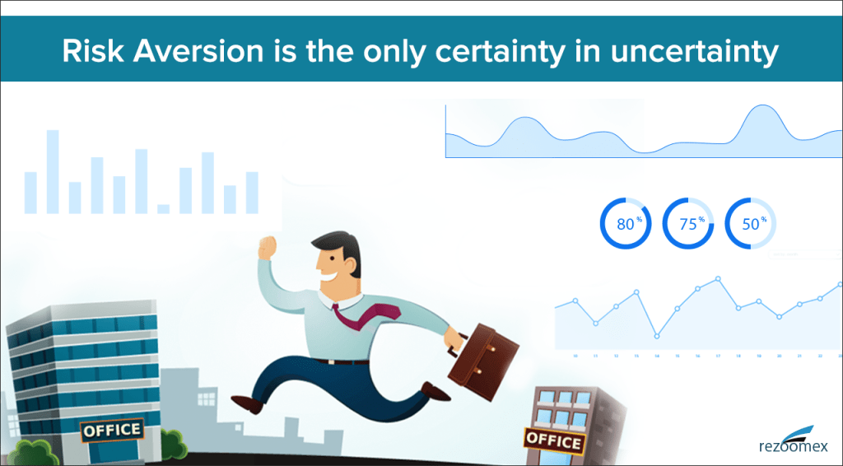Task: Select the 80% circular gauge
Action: click(626, 223)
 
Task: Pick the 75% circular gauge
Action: click(688, 223)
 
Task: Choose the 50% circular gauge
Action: click(750, 223)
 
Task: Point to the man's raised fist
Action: click(267, 248)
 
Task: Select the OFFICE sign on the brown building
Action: click(553, 440)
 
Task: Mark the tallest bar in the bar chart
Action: click(53, 171)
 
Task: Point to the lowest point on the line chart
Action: click(657, 336)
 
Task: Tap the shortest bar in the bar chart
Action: click(164, 208)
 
